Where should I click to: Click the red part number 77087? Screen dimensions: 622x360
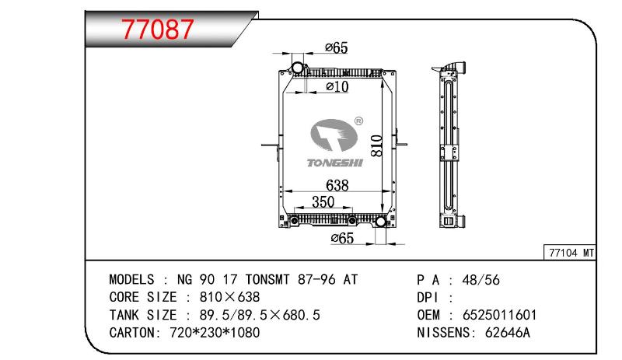[x=158, y=29]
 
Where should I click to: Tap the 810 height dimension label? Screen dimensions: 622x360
[x=376, y=145]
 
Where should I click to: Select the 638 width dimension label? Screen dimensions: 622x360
[x=337, y=185]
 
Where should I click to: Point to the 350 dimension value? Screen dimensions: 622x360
[x=323, y=201]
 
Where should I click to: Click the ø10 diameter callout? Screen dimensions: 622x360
[x=337, y=86]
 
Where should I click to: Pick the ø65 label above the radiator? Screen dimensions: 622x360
[x=337, y=47]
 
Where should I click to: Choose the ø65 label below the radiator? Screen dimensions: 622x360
[x=342, y=238]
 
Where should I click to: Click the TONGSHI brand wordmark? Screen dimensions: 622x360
[x=335, y=163]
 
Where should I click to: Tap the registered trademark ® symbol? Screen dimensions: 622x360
[x=358, y=121]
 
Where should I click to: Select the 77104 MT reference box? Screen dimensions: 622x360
[x=570, y=253]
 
